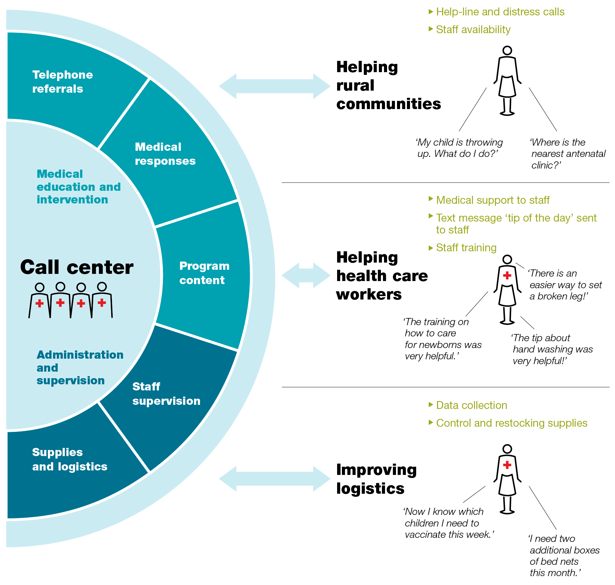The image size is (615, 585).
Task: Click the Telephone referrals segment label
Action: pos(62,82)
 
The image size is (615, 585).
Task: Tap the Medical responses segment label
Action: pos(165,154)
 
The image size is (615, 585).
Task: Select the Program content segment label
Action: pos(204,273)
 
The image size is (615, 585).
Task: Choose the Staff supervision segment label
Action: pos(166,394)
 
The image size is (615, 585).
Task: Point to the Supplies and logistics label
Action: pos(69,459)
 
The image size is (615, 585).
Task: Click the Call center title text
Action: pos(77,267)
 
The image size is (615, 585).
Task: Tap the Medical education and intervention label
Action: pos(78,187)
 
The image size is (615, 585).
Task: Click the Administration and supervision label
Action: pos(80,368)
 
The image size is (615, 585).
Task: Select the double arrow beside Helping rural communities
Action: pos(274,86)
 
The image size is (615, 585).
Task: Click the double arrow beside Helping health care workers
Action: pos(306,275)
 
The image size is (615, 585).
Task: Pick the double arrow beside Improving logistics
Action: pos(274,479)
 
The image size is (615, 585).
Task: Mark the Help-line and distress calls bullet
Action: pos(500,12)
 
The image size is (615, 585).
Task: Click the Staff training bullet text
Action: pos(466,248)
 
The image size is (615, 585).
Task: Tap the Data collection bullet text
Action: pos(471,405)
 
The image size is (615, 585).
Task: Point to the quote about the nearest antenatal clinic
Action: pos(568,154)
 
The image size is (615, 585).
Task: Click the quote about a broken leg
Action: pos(565,285)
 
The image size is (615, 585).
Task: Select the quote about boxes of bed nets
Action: pos(564,556)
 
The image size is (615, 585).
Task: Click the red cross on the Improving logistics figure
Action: pos(507,465)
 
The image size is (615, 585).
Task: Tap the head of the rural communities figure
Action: pos(507,51)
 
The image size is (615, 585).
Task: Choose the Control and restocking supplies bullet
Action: pos(511,423)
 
